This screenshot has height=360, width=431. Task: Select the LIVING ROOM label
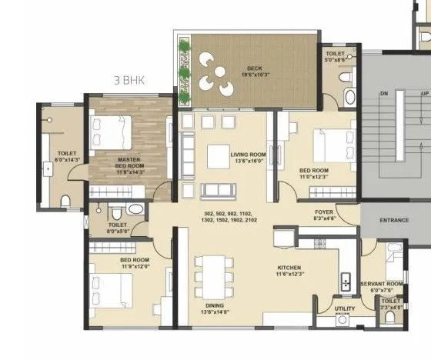coord(248,155)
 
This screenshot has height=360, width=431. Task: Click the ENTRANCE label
coord(395,220)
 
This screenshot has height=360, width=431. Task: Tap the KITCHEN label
coord(289,268)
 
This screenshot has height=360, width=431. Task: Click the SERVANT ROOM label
coord(383,284)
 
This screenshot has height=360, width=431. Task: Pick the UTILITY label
coord(344,308)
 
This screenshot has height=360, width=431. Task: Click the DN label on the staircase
coord(383,93)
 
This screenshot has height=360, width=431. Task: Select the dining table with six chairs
coord(212,273)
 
